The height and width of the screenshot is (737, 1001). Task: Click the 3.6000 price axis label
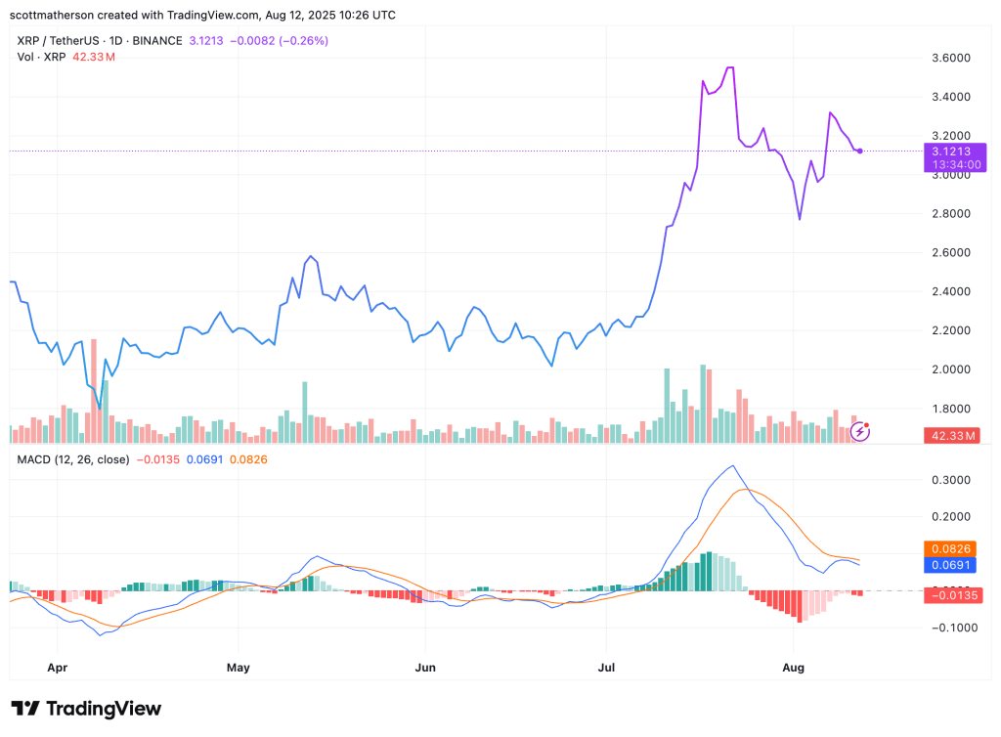pos(950,58)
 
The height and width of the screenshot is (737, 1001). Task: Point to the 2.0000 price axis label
pos(950,369)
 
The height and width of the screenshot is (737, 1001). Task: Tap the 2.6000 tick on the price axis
pos(950,252)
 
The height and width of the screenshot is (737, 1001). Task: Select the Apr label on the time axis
pos(58,668)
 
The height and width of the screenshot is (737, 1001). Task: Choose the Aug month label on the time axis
pos(793,668)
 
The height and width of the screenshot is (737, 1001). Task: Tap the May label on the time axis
pos(238,668)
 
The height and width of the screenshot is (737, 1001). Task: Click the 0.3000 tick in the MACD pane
pos(950,480)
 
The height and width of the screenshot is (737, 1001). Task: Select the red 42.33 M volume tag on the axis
pos(952,435)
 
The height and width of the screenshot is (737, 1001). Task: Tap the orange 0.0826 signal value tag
pos(951,549)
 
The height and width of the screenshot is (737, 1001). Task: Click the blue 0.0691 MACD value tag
pos(951,565)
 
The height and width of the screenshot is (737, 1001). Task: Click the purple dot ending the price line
pos(859,152)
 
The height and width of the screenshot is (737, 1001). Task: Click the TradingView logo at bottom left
pos(86,709)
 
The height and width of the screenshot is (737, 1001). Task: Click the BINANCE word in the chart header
pos(156,41)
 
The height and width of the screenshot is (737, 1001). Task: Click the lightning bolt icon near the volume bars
pos(860,430)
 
